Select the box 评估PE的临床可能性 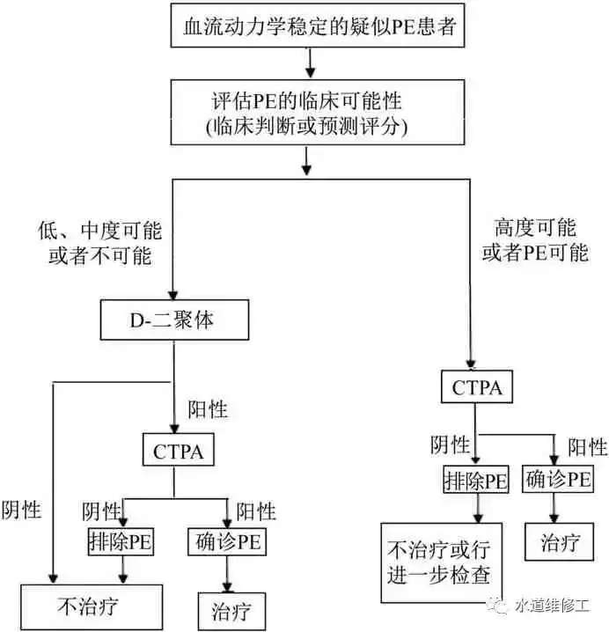(x=307, y=113)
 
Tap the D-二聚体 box (x=172, y=321)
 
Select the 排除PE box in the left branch (x=121, y=540)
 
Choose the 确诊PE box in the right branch (x=557, y=480)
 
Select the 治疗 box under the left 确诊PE (x=227, y=608)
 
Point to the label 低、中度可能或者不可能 (x=99, y=244)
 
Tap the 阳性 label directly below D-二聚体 (x=208, y=409)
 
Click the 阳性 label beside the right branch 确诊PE (x=587, y=446)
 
